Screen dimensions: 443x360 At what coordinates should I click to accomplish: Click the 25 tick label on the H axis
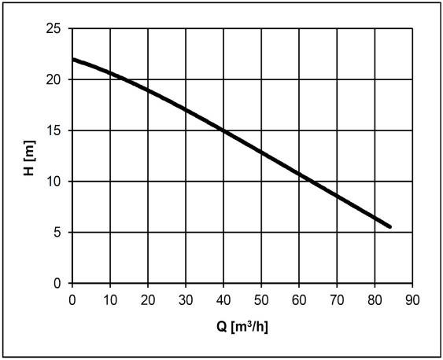[x=54, y=28]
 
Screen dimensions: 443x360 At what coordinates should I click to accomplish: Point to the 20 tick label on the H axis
[x=54, y=79]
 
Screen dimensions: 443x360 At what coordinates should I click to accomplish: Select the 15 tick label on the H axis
[x=54, y=130]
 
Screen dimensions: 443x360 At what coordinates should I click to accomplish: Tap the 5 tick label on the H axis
[x=57, y=233]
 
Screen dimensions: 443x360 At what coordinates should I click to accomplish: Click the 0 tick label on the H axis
[x=57, y=283]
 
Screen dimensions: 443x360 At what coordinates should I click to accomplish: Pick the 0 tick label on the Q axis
[x=72, y=300]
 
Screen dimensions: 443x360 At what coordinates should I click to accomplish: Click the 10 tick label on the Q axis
[x=110, y=300]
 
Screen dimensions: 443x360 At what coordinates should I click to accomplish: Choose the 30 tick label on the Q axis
[x=186, y=300]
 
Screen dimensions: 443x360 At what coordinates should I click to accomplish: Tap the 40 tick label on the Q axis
[x=223, y=300]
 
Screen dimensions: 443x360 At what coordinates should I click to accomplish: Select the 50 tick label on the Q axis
[x=261, y=300]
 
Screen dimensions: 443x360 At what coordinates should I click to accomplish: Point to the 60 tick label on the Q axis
[x=299, y=300]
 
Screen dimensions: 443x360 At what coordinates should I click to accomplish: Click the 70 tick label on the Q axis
[x=337, y=300]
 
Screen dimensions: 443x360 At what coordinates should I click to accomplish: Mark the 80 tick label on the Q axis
[x=375, y=300]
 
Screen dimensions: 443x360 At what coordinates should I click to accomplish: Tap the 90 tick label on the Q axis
[x=412, y=300]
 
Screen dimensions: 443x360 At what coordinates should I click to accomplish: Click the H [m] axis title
[x=29, y=158]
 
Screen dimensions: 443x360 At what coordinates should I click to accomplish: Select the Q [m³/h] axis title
[x=242, y=327]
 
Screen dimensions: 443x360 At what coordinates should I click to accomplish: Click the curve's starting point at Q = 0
[x=72, y=60]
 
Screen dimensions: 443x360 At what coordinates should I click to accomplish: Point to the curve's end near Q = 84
[x=390, y=226]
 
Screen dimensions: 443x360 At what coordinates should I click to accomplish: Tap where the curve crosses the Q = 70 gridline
[x=337, y=196]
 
